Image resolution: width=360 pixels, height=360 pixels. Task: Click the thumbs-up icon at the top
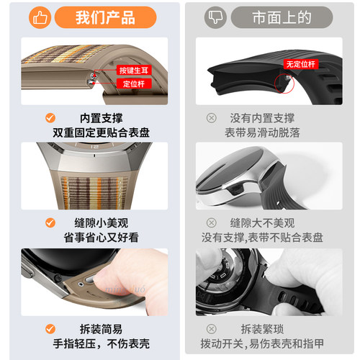[40, 16]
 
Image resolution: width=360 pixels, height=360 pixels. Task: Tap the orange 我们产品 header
[105, 16]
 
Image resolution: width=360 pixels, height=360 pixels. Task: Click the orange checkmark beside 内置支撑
[50, 117]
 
